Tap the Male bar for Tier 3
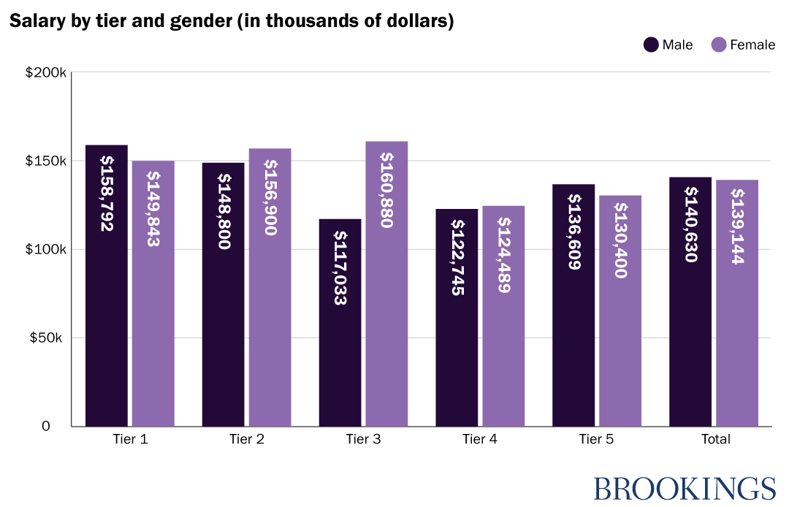[x=340, y=329]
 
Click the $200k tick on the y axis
[x=46, y=73]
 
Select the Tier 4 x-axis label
[x=480, y=440]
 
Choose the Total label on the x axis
[x=715, y=440]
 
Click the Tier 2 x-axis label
[x=247, y=440]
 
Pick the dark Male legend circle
[x=651, y=45]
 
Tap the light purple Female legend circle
[x=718, y=45]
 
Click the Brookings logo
[x=684, y=488]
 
